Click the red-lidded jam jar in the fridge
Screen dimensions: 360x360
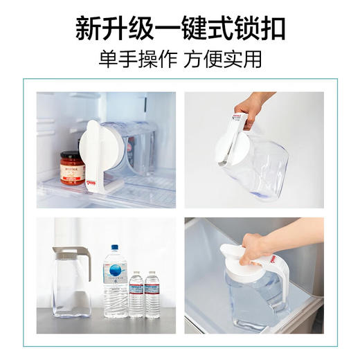(x=72, y=168)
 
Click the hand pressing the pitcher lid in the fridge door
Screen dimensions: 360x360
(x=258, y=249)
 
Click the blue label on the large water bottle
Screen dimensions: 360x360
(x=115, y=273)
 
